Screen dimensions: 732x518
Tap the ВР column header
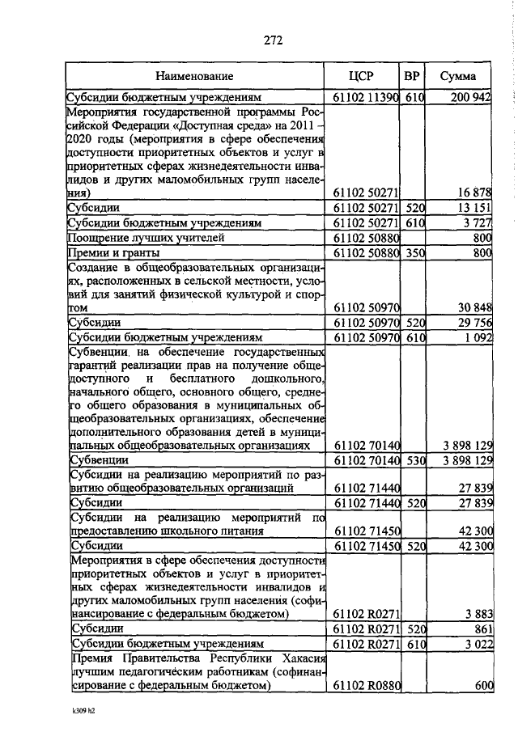412,77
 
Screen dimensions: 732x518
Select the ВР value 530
414,459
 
